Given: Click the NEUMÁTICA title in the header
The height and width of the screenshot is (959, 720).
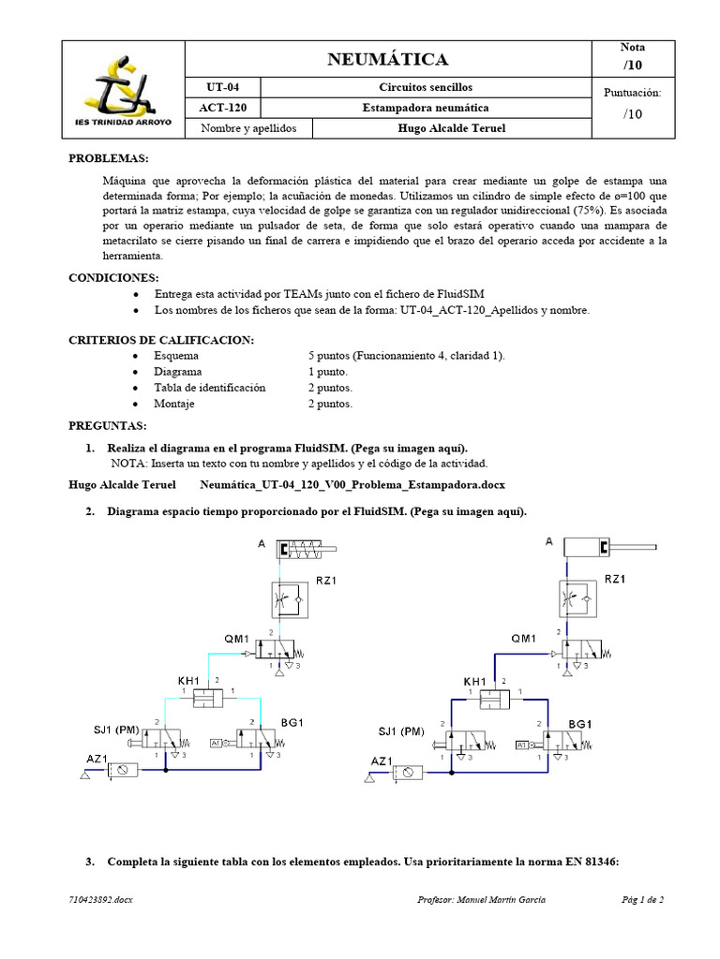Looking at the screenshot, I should pos(388,60).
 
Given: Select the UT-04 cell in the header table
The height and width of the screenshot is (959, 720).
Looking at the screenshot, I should pos(223,87).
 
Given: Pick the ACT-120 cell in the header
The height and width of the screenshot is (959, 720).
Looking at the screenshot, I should pos(223,108).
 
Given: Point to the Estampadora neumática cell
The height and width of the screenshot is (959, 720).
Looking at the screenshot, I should pos(426,108).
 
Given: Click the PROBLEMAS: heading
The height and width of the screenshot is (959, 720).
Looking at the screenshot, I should pos(109,158).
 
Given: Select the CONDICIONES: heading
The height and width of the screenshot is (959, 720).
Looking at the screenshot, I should pos(114,278).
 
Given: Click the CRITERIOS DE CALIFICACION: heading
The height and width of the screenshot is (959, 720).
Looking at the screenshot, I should pos(161,339).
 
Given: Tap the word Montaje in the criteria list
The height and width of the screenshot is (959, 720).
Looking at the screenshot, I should pos(176,404).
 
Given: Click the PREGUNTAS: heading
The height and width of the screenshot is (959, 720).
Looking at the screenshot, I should pos(107,426).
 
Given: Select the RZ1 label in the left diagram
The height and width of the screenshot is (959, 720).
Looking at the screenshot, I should pos(326,581).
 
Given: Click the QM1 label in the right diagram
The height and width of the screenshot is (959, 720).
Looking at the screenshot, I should pos(524,639).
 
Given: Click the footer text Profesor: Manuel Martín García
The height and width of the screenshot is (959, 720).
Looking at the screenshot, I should pos(481,900).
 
